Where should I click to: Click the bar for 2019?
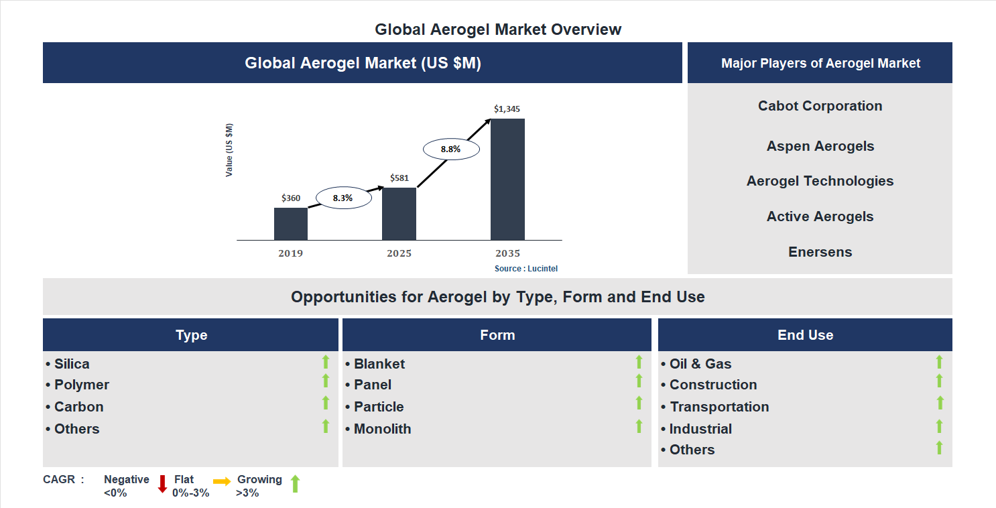[290, 224]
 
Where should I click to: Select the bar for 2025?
[399, 214]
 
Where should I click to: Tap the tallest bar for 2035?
[507, 179]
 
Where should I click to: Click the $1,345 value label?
[507, 109]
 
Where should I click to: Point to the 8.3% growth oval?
[343, 198]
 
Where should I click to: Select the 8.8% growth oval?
[450, 149]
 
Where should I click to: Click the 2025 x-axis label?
[399, 253]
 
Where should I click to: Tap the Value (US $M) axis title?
[229, 150]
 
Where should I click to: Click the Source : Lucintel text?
[526, 268]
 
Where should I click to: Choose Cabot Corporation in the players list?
[820, 106]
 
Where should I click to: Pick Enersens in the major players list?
[820, 252]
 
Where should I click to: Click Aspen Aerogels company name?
[820, 146]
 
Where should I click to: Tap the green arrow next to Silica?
[326, 363]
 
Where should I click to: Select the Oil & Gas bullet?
[700, 364]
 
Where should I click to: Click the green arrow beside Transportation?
[940, 403]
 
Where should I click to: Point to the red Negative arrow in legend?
[162, 484]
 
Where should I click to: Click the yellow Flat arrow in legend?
[222, 481]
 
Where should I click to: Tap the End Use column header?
[805, 335]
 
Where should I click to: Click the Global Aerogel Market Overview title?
[498, 29]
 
